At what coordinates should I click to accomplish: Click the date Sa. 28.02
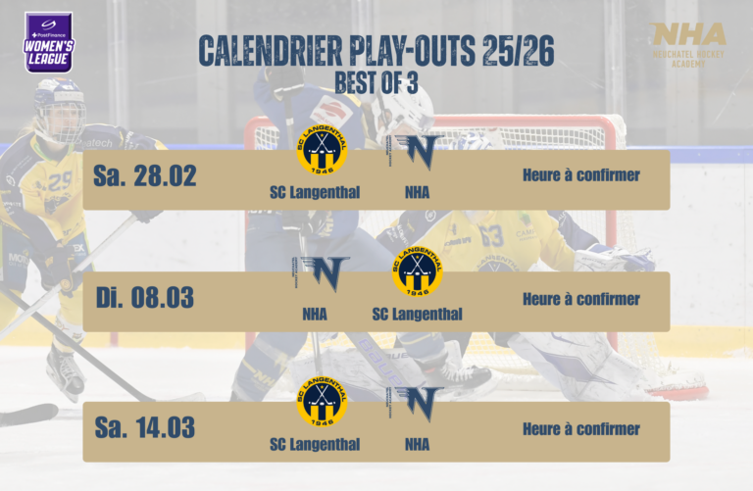tap(145, 176)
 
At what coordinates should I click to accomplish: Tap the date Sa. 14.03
tap(145, 428)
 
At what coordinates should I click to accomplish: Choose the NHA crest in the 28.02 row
tap(416, 151)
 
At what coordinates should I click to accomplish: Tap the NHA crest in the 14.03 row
tap(416, 403)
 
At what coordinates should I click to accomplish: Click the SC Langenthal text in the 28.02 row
tap(315, 191)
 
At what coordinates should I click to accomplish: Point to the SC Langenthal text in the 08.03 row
tap(417, 314)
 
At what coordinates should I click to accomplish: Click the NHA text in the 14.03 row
tap(417, 444)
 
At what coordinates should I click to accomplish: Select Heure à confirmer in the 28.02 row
tap(580, 175)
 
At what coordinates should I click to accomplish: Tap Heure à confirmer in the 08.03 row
tap(580, 298)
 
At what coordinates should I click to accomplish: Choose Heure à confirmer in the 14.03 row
tap(580, 428)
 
